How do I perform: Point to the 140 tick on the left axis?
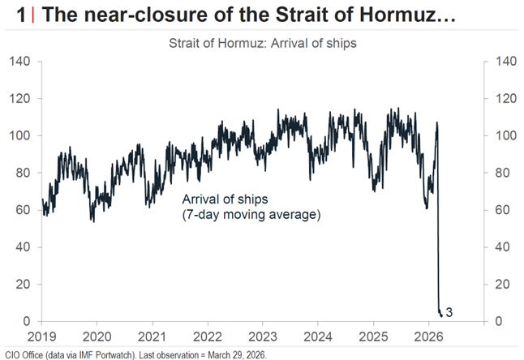coord(22,62)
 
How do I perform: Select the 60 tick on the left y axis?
coord(25,210)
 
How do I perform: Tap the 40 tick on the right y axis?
coord(495,247)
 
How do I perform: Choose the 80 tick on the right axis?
coord(495,173)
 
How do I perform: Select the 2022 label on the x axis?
coord(208,336)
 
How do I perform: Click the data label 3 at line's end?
coord(449,312)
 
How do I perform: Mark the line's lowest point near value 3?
coord(440,315)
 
